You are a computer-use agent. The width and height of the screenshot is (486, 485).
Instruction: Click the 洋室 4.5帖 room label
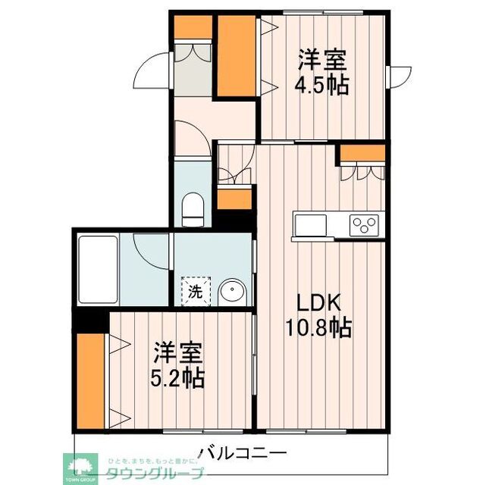[x=323, y=71]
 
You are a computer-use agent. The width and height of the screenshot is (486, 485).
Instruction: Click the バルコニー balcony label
[x=242, y=453]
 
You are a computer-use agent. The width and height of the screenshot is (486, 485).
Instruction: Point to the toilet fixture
[x=194, y=207]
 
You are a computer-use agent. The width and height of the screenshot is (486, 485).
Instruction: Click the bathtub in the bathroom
[x=97, y=269]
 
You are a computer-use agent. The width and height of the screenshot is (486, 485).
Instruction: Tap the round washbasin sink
[x=230, y=292]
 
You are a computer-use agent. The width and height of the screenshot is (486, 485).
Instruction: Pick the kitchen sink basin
[x=311, y=225]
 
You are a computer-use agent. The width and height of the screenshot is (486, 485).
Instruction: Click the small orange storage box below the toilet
[x=234, y=199]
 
